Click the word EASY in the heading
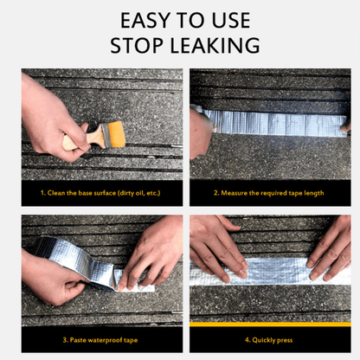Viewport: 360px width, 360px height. pos(145,21)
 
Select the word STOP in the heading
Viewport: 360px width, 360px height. pos(137,46)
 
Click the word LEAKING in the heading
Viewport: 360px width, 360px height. pos(215,46)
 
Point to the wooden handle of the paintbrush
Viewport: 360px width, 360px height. pos(83,139)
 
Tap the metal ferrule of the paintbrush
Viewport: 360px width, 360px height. pos(106,135)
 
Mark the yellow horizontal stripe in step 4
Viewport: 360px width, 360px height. pos(270,325)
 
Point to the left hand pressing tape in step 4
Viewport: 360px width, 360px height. pos(219,248)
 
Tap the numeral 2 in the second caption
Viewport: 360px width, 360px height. pos(215,193)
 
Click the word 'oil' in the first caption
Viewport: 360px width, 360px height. pos(139,193)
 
